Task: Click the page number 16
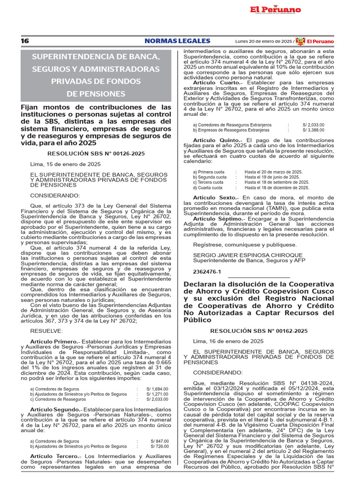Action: [25, 41]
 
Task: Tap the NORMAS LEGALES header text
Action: [177, 41]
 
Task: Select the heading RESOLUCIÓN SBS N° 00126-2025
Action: [96, 153]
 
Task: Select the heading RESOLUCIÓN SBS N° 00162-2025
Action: [259, 331]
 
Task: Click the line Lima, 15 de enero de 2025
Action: [65, 164]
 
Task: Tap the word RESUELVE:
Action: [46, 331]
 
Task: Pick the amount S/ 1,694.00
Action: [157, 389]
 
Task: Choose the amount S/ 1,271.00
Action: [157, 394]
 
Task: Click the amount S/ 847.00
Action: [159, 441]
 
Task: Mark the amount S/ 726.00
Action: [159, 446]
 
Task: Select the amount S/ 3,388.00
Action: [313, 130]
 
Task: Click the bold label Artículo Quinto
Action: [217, 140]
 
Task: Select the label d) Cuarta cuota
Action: [208, 187]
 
